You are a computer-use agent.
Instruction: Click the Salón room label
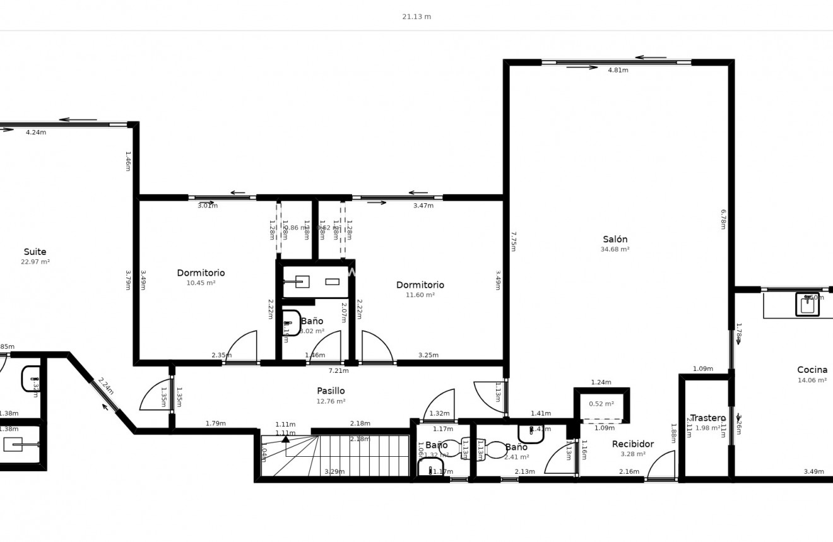pos(615,239)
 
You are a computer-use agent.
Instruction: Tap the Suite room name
pos(35,252)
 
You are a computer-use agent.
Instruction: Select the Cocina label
pos(812,370)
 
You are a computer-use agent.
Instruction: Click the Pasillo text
pos(331,391)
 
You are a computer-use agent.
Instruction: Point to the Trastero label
pos(707,418)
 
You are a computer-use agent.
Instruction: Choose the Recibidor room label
pos(632,444)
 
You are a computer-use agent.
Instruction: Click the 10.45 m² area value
pos(201,283)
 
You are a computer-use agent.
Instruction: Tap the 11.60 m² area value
pos(420,295)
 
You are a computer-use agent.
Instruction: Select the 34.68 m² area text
pos(615,249)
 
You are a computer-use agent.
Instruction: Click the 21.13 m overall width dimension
pos(416,17)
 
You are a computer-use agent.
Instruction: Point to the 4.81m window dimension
pos(618,70)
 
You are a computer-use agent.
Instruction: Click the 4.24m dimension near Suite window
pos(36,133)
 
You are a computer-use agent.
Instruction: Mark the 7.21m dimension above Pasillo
pos(338,371)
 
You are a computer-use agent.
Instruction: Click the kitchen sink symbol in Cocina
pos(807,305)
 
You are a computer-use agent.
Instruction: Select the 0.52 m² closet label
pos(601,404)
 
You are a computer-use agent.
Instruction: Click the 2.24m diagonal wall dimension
pos(105,386)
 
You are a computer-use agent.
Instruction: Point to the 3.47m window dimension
pos(423,206)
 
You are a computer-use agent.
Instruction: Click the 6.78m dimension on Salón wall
pos(723,219)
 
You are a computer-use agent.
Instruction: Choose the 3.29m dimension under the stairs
pos(334,471)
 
